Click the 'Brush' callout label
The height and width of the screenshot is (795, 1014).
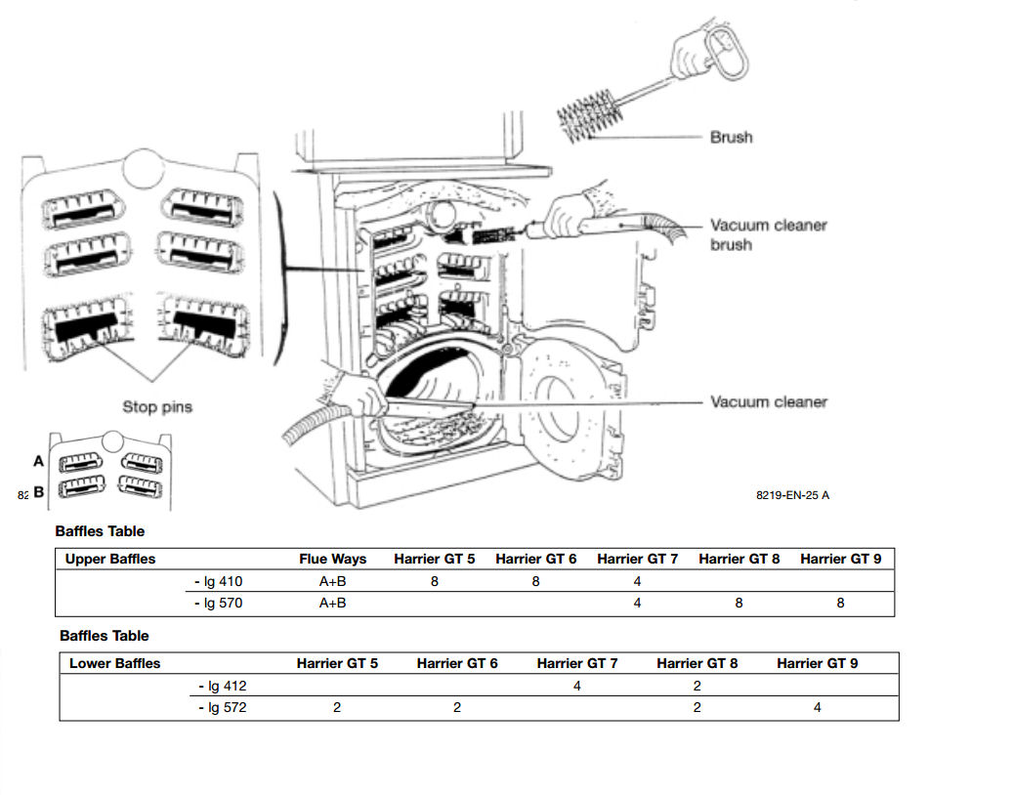[x=731, y=138]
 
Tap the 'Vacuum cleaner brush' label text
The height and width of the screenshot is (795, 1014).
[x=768, y=234]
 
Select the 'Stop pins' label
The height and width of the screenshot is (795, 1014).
[x=157, y=406]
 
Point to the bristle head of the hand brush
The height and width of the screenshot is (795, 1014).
[x=590, y=114]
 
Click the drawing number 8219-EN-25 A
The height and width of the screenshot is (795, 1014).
[x=792, y=495]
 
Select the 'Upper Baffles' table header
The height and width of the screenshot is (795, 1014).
[x=109, y=559]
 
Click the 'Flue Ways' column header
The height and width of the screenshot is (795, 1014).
[x=332, y=559]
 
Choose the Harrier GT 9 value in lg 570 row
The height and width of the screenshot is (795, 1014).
[x=840, y=604]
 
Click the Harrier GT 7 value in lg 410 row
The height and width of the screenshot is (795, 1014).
[x=637, y=582]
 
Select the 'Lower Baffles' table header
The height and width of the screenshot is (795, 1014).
[x=114, y=663]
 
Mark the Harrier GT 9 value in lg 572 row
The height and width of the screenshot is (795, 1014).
[x=818, y=707]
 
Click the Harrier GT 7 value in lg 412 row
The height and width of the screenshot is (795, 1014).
[x=576, y=686]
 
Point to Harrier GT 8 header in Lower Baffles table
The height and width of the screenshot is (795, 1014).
[x=697, y=663]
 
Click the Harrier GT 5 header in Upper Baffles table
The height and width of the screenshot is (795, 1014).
[x=435, y=559]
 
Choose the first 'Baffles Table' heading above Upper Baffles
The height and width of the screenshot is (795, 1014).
[x=100, y=531]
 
